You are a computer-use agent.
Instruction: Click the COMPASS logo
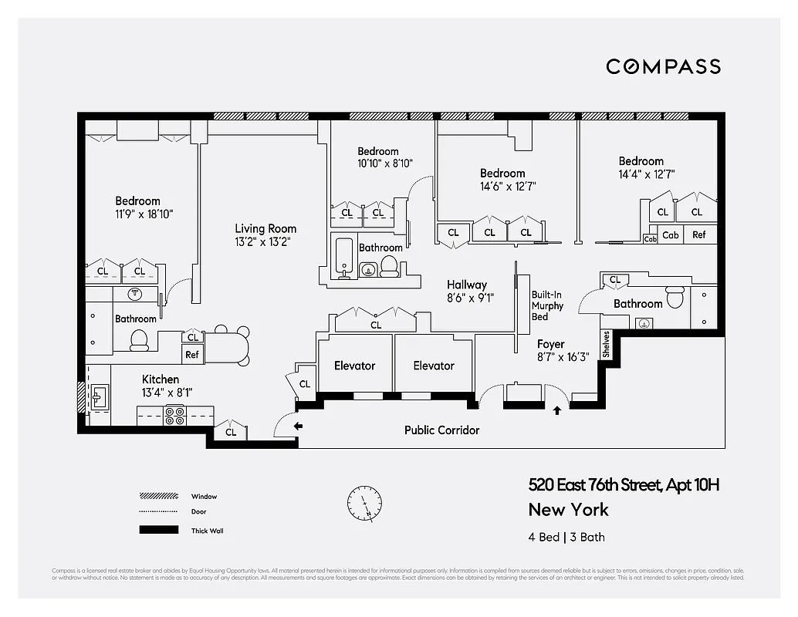point(663,66)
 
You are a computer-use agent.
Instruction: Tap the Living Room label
point(265,234)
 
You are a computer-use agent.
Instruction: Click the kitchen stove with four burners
point(174,416)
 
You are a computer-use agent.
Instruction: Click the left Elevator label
point(354,366)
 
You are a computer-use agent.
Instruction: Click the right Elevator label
point(433,366)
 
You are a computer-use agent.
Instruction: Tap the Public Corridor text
point(441,430)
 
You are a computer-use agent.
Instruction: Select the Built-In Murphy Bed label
point(547,305)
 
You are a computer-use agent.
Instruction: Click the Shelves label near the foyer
point(607,345)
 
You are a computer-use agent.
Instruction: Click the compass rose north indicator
point(364,502)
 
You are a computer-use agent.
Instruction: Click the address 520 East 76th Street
point(624,485)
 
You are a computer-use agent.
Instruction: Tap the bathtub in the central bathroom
point(344,258)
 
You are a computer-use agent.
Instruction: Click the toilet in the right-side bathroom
point(675,296)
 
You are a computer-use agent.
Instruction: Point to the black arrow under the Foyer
point(557,411)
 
